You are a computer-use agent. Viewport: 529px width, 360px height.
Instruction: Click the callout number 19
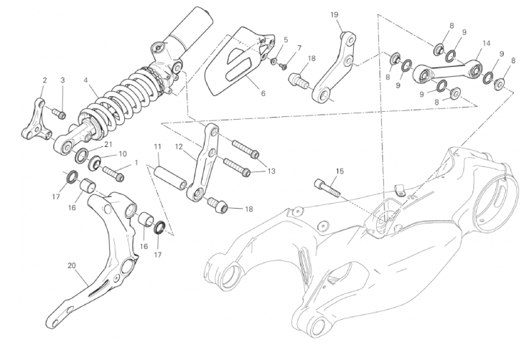click(334, 15)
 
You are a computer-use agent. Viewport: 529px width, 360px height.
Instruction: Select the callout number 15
click(340, 171)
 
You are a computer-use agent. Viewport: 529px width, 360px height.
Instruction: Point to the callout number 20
click(72, 265)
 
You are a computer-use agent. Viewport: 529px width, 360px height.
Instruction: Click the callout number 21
click(108, 144)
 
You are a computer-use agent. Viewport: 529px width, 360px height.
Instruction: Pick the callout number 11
click(158, 146)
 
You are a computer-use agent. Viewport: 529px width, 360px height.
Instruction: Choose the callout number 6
click(263, 93)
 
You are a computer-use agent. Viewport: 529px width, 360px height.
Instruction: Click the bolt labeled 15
click(327, 188)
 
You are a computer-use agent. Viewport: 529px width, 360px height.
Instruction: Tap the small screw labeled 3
click(59, 113)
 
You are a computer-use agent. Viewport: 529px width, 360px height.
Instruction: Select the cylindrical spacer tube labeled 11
click(171, 175)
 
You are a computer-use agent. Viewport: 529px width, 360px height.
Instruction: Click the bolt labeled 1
click(113, 173)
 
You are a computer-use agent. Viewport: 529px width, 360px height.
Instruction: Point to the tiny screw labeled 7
click(283, 65)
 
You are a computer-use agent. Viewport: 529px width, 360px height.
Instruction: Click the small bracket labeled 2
click(36, 119)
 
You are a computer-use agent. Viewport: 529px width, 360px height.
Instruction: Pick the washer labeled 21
click(82, 154)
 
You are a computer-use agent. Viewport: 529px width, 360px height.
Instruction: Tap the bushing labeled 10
click(95, 163)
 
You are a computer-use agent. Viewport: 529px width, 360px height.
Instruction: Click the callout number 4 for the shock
click(85, 80)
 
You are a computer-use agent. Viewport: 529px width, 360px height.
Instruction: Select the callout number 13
click(271, 171)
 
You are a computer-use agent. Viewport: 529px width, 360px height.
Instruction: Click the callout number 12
click(179, 146)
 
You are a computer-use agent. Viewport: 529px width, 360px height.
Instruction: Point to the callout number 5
click(286, 39)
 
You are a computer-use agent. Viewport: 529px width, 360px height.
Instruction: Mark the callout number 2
click(45, 80)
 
